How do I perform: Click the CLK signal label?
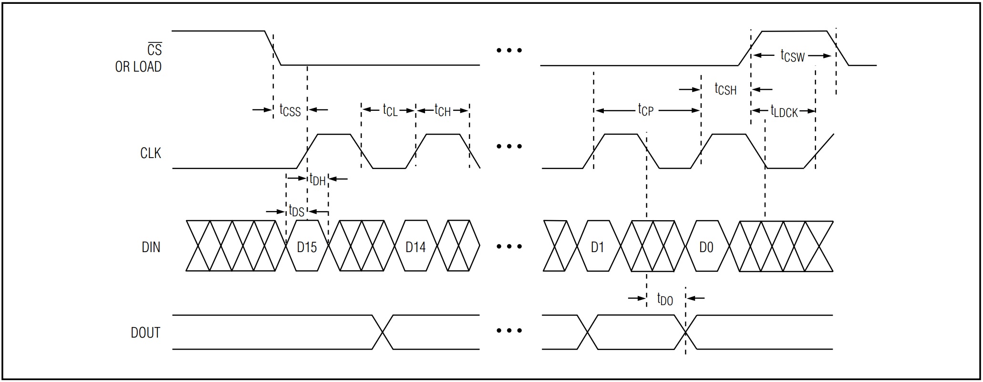click(x=150, y=153)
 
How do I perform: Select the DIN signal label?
click(x=151, y=247)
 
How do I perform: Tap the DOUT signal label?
click(x=145, y=333)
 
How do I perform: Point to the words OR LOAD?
click(x=138, y=67)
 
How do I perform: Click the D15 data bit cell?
click(x=307, y=247)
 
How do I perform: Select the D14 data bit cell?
click(x=415, y=247)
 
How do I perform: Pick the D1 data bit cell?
click(x=597, y=247)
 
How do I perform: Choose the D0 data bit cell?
click(x=706, y=247)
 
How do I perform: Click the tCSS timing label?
click(x=290, y=110)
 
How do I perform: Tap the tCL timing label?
click(x=390, y=110)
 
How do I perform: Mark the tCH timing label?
click(x=443, y=110)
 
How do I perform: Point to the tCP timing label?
click(x=646, y=110)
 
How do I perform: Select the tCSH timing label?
click(x=725, y=89)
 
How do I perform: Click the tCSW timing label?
click(x=792, y=56)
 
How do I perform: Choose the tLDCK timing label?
click(x=784, y=111)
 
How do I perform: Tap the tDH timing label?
click(x=317, y=180)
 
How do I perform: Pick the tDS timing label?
click(x=296, y=211)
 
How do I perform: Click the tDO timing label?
click(x=665, y=299)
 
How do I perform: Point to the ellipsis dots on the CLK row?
click(x=509, y=146)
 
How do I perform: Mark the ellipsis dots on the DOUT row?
click(x=509, y=330)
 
